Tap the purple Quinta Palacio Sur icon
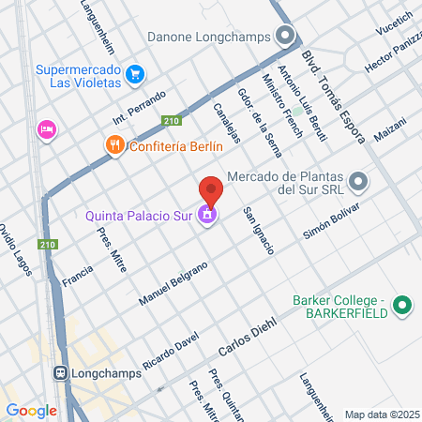click(x=207, y=218)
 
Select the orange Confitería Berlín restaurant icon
click(x=114, y=145)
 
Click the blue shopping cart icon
click(x=135, y=73)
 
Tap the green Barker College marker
click(x=402, y=305)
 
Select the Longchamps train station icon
click(x=60, y=371)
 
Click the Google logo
click(x=31, y=410)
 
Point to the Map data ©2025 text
click(x=382, y=414)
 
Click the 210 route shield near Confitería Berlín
click(x=171, y=119)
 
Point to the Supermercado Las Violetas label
click(x=79, y=75)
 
